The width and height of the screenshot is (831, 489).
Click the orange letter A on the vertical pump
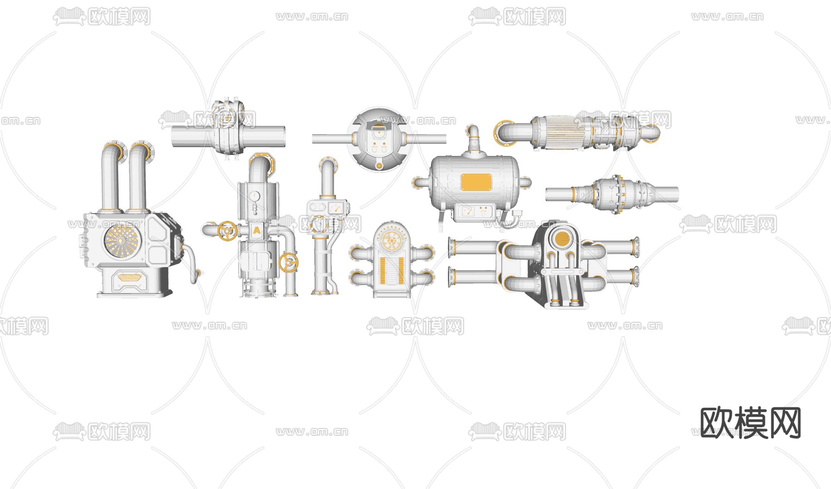pyautogui.click(x=257, y=230)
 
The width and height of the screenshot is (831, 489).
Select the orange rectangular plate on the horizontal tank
pyautogui.click(x=476, y=182)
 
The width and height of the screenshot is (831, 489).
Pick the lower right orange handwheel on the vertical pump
pyautogui.click(x=289, y=263)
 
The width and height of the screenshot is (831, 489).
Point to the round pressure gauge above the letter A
pyautogui.click(x=254, y=196)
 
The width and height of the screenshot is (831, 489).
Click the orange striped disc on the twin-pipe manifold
pyautogui.click(x=561, y=239)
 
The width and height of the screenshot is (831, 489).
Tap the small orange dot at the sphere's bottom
pyautogui.click(x=379, y=166)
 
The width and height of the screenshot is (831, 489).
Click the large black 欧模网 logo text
pyautogui.click(x=750, y=423)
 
